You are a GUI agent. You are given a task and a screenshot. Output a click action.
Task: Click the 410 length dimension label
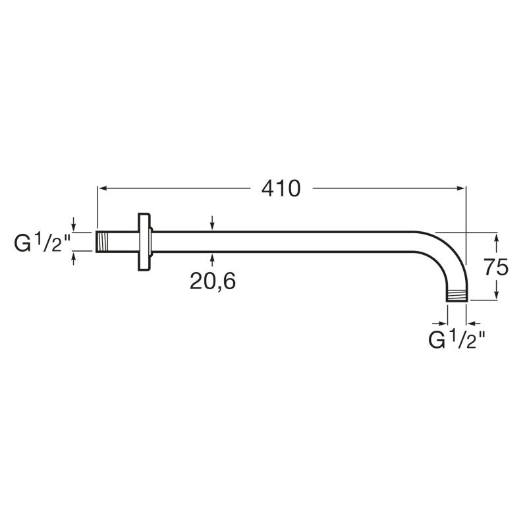(x=281, y=188)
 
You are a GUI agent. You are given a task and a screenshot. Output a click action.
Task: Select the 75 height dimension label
(x=496, y=267)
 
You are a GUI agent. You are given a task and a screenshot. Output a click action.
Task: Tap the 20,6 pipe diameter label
(x=213, y=281)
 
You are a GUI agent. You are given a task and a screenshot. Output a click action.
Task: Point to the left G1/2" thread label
(x=42, y=242)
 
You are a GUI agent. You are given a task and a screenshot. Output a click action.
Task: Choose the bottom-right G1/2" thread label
(x=457, y=339)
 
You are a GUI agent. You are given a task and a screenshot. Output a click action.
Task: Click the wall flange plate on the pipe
(x=145, y=242)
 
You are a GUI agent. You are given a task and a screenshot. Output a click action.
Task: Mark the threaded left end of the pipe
(x=103, y=242)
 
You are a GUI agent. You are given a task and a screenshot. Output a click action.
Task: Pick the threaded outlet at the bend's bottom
(x=457, y=296)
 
